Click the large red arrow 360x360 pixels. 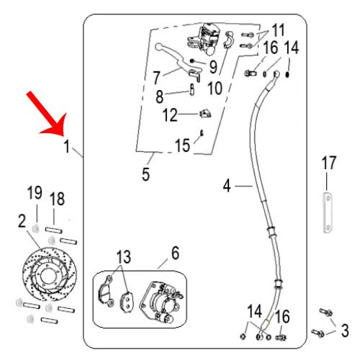point(47,113)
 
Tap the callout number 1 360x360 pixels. point(67,146)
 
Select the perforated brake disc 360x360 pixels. point(50,274)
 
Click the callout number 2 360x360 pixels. point(22,221)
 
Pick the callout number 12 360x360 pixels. point(170,114)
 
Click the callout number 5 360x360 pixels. point(146,174)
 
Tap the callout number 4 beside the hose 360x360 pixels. point(227,186)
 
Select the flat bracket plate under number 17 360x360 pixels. point(328,212)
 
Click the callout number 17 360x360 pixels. point(329,163)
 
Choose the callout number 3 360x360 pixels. point(345,330)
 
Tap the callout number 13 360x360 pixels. point(124,256)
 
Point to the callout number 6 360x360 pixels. point(176,253)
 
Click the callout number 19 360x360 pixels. point(35,192)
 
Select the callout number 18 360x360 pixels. point(57,199)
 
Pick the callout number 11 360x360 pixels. point(278,30)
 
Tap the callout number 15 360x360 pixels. point(182,145)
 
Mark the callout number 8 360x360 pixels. point(160,96)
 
